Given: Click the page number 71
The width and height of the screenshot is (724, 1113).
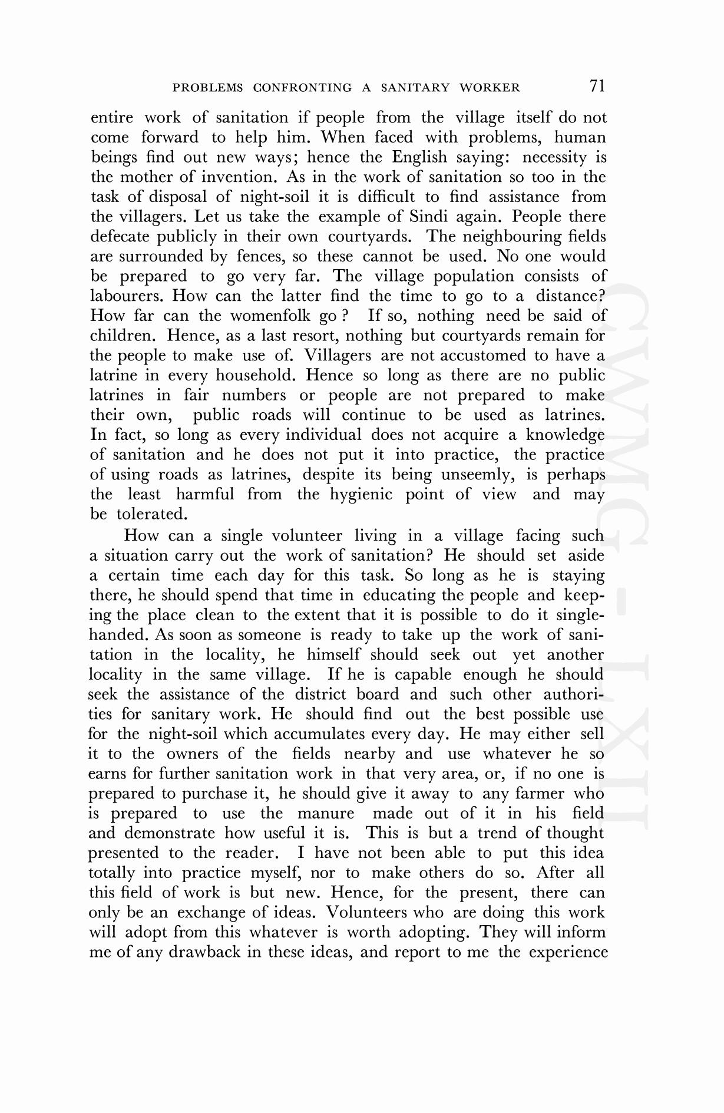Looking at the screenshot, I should click(597, 86).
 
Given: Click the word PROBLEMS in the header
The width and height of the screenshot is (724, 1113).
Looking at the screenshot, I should click(207, 88).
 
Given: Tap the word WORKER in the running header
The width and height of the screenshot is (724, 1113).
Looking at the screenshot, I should click(490, 88).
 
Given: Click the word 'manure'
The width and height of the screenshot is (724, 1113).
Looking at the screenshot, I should click(326, 813).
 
